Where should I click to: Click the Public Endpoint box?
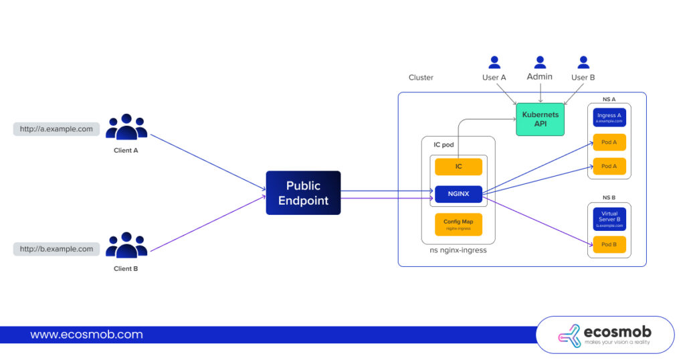pyautogui.click(x=303, y=193)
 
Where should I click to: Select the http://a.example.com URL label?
pyautogui.click(x=56, y=129)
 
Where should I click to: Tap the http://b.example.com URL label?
pyautogui.click(x=56, y=249)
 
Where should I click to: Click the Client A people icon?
pyautogui.click(x=126, y=127)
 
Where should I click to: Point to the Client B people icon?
pyautogui.click(x=126, y=246)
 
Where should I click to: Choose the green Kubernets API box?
pyautogui.click(x=540, y=119)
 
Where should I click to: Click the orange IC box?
pyautogui.click(x=458, y=167)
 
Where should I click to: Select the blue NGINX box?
pyautogui.click(x=458, y=194)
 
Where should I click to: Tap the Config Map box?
pyautogui.click(x=458, y=224)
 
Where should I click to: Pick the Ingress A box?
pyautogui.click(x=609, y=118)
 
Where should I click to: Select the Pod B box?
pyautogui.click(x=609, y=245)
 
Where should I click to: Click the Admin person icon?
pyautogui.click(x=540, y=62)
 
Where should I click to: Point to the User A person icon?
pyautogui.click(x=494, y=62)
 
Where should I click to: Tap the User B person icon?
pyautogui.click(x=583, y=62)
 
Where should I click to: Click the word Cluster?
pyautogui.click(x=421, y=78)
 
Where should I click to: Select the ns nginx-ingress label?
pyautogui.click(x=458, y=251)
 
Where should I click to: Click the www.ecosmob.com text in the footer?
pyautogui.click(x=86, y=335)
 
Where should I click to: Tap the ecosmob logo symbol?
pyautogui.click(x=569, y=335)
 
